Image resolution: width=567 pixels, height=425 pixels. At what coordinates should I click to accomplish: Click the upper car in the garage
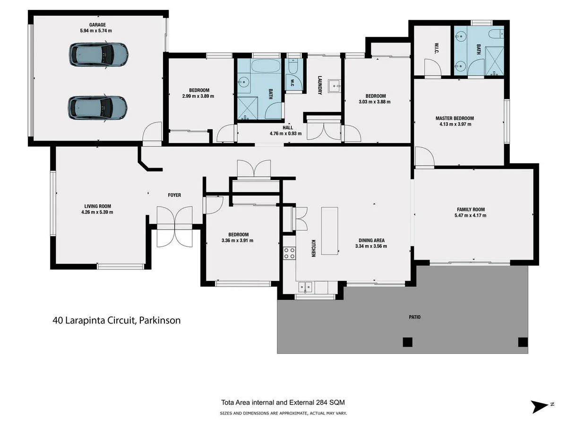(98, 54)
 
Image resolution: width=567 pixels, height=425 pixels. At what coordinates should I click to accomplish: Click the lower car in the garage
(97, 108)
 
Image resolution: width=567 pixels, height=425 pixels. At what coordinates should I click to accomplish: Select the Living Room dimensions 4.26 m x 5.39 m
(98, 212)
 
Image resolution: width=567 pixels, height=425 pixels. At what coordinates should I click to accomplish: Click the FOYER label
(174, 195)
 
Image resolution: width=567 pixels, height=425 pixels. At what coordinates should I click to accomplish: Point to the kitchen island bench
(330, 231)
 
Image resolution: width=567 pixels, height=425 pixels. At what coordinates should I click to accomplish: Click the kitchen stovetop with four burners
(289, 253)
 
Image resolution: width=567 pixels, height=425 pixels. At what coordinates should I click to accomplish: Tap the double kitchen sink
(305, 286)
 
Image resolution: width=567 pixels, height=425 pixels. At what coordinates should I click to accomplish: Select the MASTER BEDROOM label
(454, 119)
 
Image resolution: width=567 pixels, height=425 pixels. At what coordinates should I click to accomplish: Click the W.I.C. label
(437, 49)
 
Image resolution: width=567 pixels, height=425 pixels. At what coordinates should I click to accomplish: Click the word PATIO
(414, 317)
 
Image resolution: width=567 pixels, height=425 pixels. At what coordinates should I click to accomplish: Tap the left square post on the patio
(407, 342)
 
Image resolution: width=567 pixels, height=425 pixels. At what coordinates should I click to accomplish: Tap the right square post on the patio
(522, 342)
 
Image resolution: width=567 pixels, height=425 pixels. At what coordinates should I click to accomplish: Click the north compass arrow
(539, 406)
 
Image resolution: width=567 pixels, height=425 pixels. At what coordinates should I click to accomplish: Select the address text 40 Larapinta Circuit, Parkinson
(116, 320)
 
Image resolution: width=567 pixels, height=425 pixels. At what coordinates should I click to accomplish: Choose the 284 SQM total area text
(283, 403)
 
